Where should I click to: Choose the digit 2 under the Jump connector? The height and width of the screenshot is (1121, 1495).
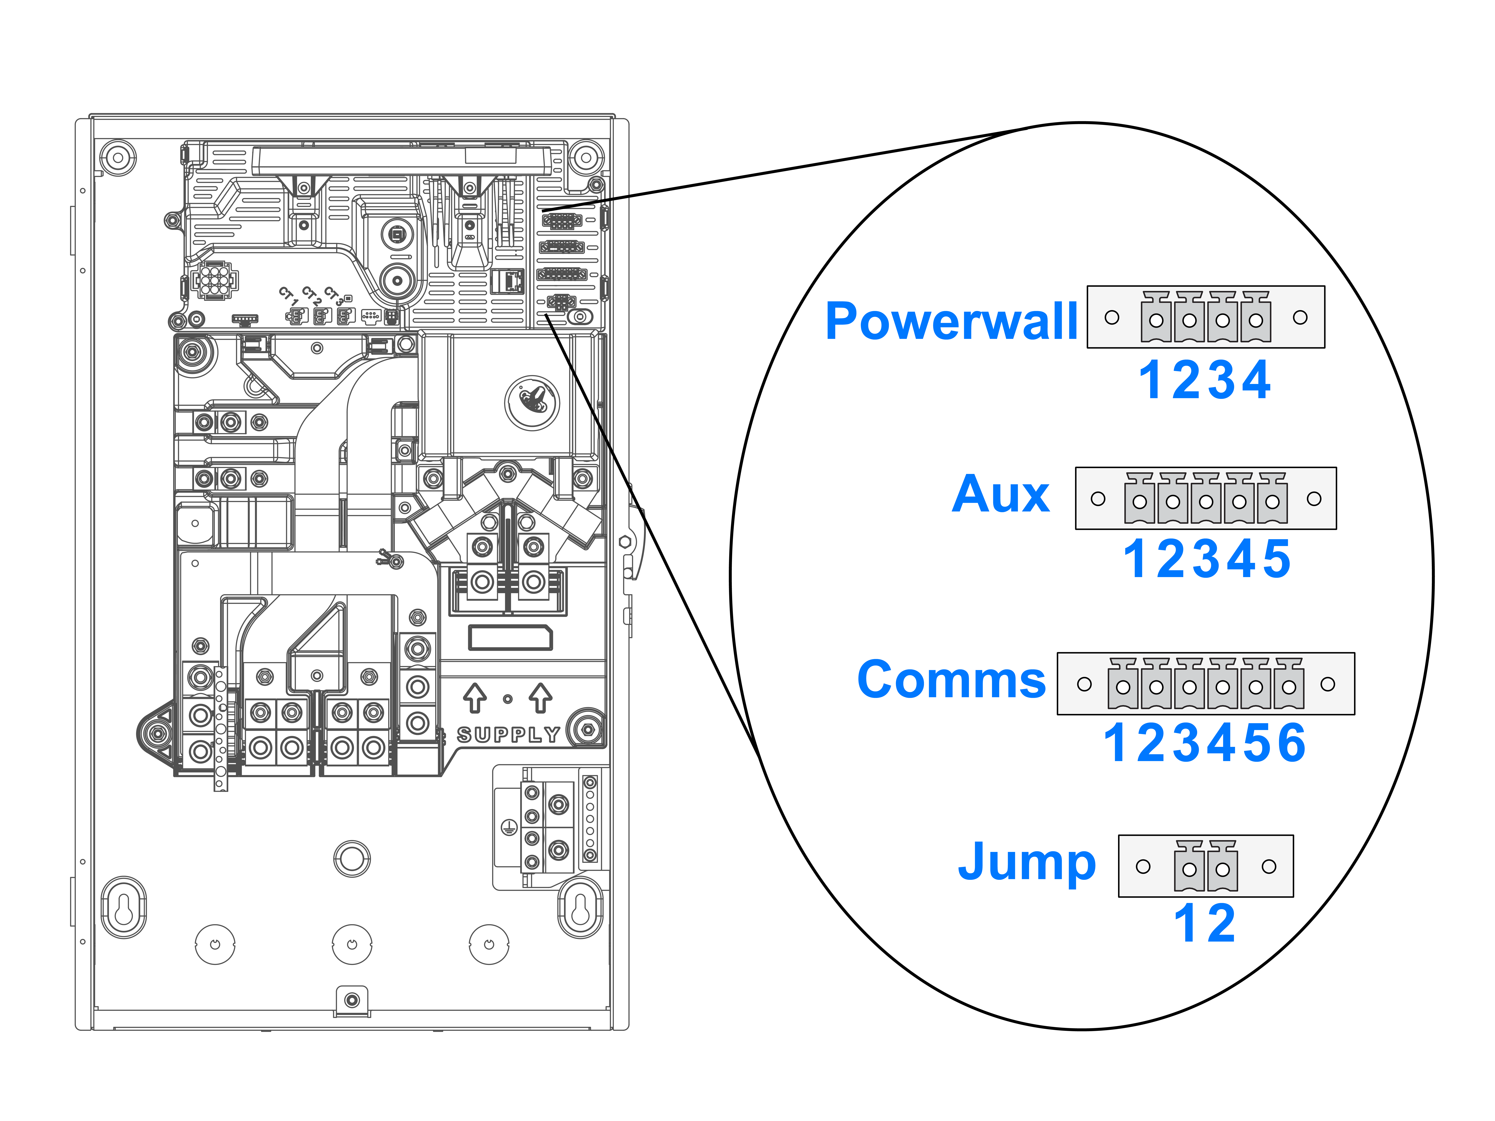[1221, 923]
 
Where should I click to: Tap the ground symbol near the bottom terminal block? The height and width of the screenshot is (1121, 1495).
[508, 826]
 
